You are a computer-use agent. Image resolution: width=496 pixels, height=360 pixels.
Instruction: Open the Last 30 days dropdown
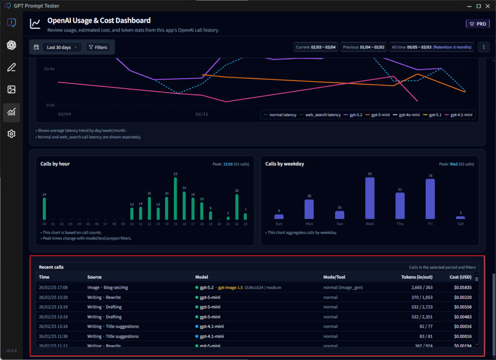(62, 47)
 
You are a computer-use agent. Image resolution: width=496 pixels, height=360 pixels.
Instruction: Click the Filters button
(97, 47)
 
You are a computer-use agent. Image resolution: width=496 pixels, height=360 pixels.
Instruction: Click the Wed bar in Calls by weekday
(370, 198)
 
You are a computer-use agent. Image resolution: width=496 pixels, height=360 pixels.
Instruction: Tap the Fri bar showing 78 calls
(430, 199)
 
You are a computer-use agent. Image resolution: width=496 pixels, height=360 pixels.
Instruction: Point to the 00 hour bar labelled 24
(44, 209)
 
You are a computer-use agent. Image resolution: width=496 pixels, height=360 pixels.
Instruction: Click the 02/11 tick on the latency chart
(201, 114)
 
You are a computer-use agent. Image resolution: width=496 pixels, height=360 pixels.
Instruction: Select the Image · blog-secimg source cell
(108, 287)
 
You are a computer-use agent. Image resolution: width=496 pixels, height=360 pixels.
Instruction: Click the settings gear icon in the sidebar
(11, 134)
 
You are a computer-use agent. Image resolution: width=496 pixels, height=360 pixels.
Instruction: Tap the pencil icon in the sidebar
(11, 67)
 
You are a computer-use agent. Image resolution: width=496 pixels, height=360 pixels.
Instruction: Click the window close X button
(489, 6)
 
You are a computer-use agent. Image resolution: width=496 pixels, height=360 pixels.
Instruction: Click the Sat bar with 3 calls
(460, 218)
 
